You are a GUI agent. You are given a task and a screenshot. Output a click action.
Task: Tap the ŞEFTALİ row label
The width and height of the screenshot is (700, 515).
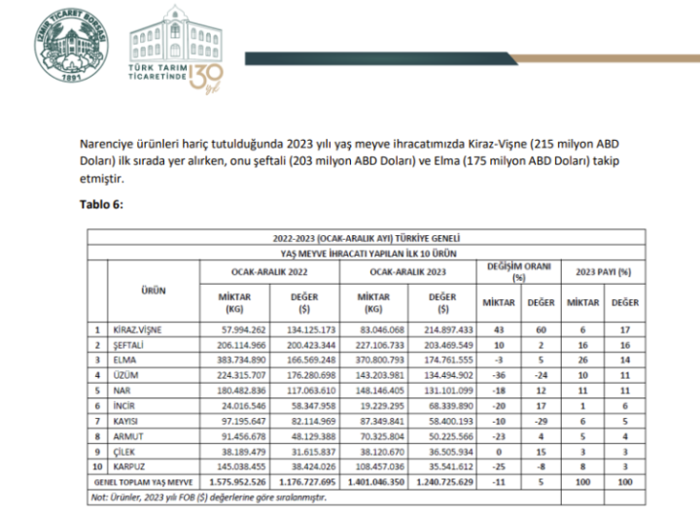click(x=130, y=344)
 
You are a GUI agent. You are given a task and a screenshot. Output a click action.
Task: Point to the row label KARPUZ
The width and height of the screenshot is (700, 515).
click(x=130, y=466)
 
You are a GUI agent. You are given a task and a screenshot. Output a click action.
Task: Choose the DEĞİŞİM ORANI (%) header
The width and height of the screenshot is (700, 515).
click(x=518, y=270)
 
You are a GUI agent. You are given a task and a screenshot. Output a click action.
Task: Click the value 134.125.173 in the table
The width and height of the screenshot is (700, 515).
click(x=307, y=330)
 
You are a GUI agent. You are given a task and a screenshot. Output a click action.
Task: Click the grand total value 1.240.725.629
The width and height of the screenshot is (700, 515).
click(x=444, y=481)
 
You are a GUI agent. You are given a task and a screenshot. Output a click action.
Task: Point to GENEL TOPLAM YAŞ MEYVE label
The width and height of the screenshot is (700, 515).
click(x=142, y=481)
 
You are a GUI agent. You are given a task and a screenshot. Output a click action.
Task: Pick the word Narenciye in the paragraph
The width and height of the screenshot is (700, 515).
click(x=105, y=143)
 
